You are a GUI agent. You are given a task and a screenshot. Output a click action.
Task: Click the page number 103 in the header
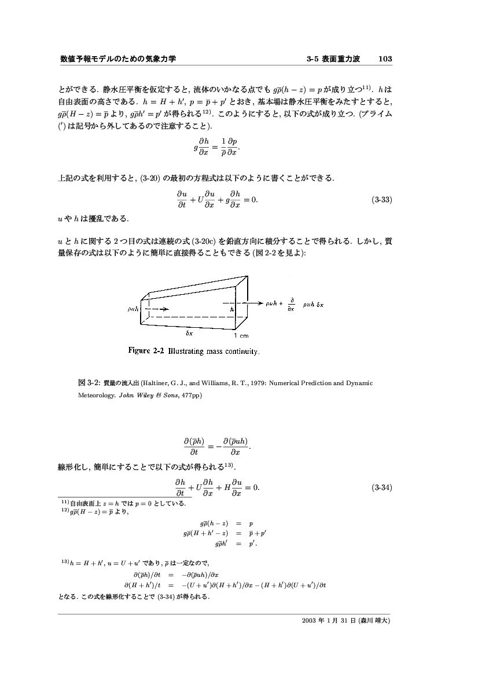385,59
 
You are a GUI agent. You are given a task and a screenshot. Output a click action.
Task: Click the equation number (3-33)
381,200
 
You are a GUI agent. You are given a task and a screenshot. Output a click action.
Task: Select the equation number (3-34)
381,488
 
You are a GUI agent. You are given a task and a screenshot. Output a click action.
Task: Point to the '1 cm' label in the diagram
241,335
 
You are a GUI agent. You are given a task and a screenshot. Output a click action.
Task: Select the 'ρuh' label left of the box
134,310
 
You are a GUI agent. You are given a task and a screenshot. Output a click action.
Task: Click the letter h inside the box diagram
232,310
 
